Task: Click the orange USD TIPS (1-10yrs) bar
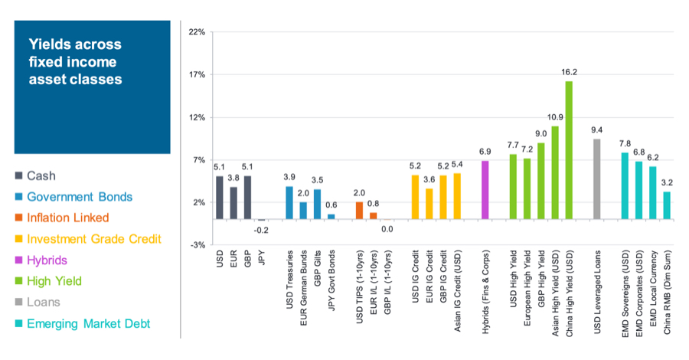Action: point(359,211)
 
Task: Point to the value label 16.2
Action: point(569,71)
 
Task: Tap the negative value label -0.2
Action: point(261,229)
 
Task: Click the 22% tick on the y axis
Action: point(196,33)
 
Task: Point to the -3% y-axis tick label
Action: point(197,245)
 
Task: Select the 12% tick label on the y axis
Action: point(196,118)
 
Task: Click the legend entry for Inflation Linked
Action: point(67,218)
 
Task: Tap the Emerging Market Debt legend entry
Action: point(88,324)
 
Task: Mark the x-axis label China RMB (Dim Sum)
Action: point(667,283)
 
